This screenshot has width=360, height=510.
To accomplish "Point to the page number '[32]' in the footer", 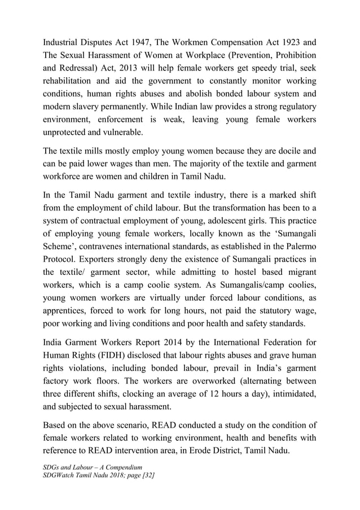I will (148, 476).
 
